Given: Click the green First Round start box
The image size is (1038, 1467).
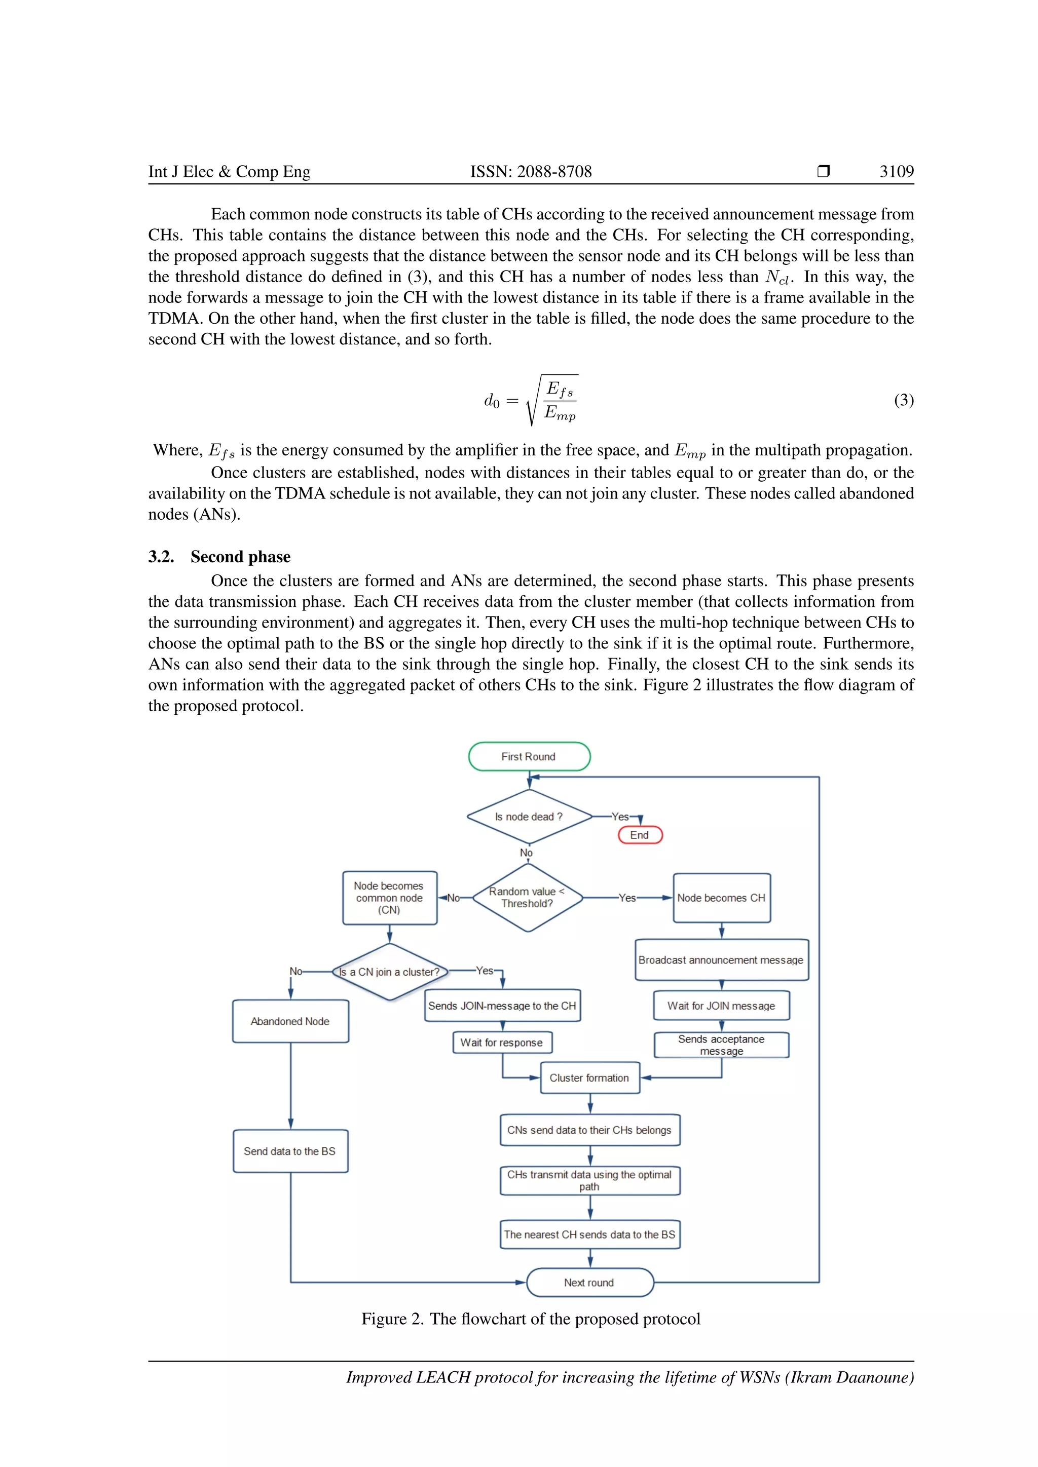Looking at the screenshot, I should coord(529,756).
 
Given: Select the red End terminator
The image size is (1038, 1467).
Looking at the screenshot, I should coord(640,835).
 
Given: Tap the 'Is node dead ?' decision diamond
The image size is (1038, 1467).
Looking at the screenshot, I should coord(529,817).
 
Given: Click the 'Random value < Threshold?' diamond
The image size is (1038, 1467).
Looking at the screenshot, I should coord(527,897).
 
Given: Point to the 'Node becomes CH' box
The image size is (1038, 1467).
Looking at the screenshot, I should coord(722,898).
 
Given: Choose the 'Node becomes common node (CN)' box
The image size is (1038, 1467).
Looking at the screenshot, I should coord(389,898).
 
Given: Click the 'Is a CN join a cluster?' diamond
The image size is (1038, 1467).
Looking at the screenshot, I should coord(389,972).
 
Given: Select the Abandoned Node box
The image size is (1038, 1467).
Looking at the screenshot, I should coord(290,1021).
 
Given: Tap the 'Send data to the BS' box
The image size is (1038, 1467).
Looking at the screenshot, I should coord(290,1151).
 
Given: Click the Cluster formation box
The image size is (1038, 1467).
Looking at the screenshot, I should coord(589,1078).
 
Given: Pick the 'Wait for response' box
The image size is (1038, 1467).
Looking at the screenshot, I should coord(502,1042).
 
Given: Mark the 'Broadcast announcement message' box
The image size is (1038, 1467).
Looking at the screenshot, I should coord(721,960).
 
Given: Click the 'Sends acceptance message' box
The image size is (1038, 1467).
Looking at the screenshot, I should coord(721,1045).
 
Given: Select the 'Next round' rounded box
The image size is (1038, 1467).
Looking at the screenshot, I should coord(589,1282).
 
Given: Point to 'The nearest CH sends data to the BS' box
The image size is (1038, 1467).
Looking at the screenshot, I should coord(589,1234).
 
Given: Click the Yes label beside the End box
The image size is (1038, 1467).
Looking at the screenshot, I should coord(620,817).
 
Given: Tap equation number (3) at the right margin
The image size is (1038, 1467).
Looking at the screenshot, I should coord(903,400).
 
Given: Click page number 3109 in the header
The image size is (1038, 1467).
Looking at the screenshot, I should coord(896,171).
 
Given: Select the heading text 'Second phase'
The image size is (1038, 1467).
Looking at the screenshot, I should coord(240,557).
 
